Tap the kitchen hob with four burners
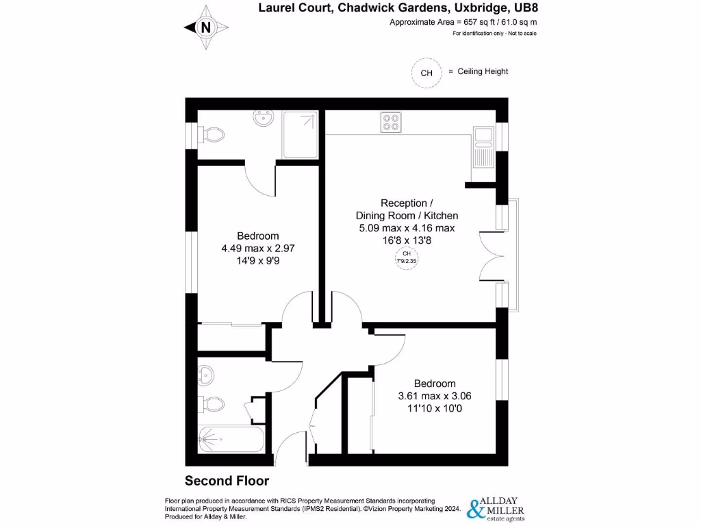click(391, 122)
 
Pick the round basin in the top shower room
click(263, 120)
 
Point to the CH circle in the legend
click(426, 73)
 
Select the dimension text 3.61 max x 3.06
click(434, 396)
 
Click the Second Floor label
click(227, 481)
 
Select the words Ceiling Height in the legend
click(483, 71)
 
